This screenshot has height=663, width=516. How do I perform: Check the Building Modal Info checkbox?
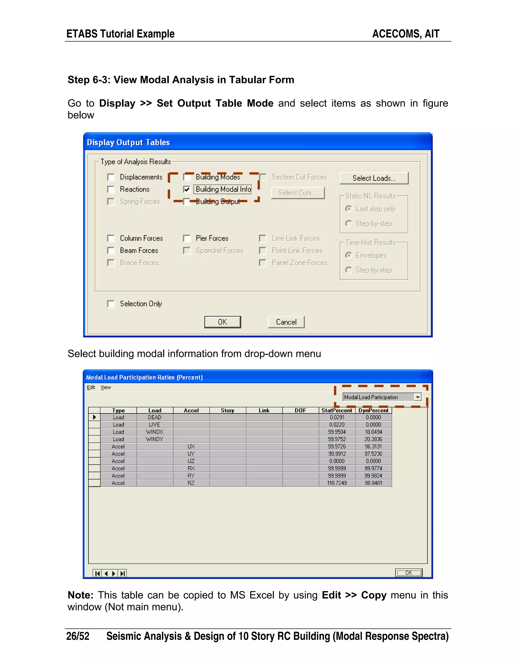[187, 189]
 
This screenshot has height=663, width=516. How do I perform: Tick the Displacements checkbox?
[111, 177]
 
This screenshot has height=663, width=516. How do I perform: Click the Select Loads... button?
[374, 178]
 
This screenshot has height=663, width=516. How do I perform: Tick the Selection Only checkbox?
[111, 304]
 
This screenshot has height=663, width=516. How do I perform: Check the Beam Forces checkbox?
[111, 251]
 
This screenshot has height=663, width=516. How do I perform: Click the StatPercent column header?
[337, 410]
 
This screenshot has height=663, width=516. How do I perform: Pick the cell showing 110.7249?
[337, 483]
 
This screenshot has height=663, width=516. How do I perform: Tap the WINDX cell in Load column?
[155, 432]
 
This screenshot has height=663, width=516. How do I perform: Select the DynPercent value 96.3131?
[373, 446]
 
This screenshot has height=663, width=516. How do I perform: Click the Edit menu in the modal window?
[91, 387]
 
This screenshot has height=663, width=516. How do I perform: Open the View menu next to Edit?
[106, 387]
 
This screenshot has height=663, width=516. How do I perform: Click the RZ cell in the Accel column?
[191, 483]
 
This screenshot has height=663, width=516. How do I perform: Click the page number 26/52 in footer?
[78, 636]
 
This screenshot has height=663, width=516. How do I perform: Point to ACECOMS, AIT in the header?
[406, 34]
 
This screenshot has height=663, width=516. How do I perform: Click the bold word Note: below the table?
[80, 595]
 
